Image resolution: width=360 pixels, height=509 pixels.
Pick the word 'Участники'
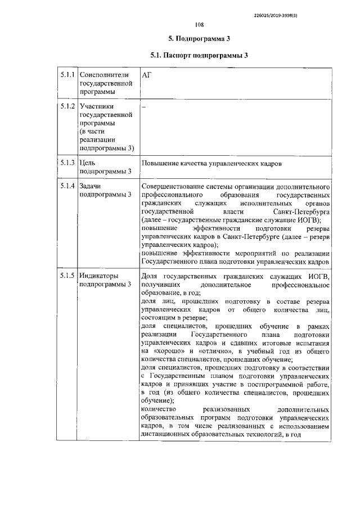tap(97, 106)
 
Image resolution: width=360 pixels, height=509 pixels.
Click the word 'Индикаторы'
tap(100, 276)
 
